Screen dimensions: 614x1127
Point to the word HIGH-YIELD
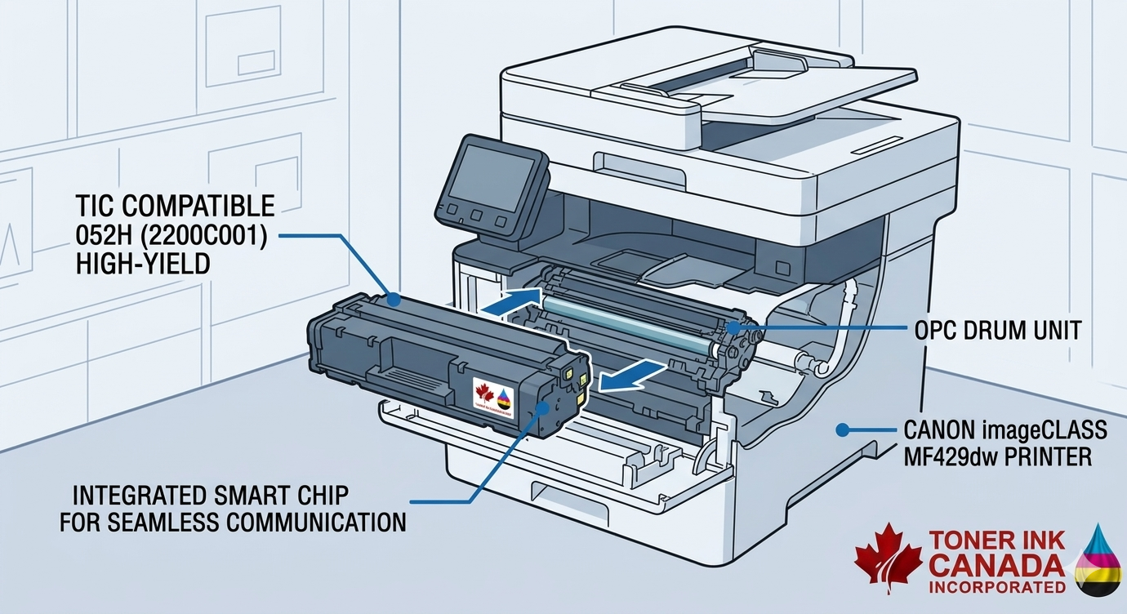pos(138,263)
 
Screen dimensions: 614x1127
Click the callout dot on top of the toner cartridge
pos(394,300)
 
